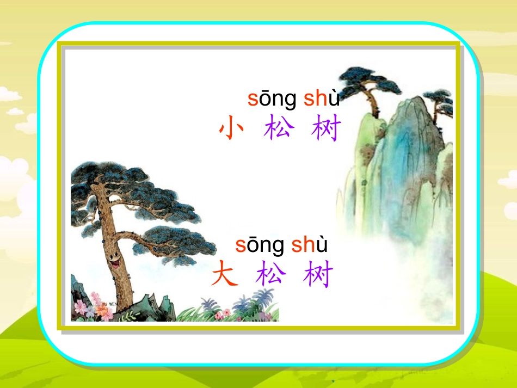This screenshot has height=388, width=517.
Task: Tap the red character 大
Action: tap(225, 274)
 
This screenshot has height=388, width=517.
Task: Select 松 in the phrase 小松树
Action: tap(279, 130)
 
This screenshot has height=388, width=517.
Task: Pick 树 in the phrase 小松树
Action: tap(327, 130)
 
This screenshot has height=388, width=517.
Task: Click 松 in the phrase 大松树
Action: tap(270, 274)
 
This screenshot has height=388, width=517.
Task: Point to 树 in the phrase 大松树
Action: tap(317, 275)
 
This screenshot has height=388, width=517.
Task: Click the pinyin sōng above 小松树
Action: tap(272, 99)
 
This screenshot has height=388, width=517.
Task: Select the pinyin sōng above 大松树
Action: tap(260, 246)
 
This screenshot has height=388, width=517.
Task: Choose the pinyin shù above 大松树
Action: tap(309, 245)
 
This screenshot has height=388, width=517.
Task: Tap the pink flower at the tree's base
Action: tap(82, 307)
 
